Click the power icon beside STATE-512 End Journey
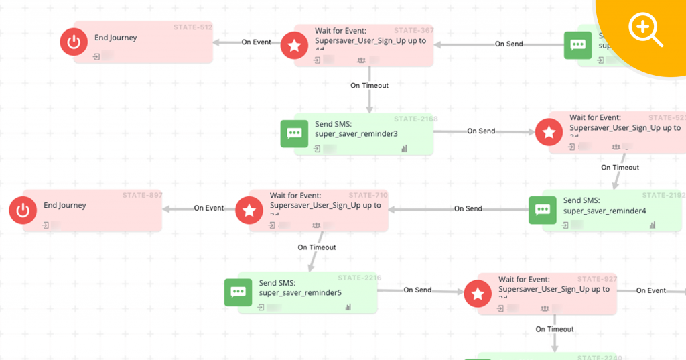point(74,42)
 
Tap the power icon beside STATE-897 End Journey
point(23,211)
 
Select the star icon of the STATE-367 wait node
point(293,45)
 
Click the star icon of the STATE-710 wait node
point(249,211)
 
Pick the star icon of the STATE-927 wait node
point(478,294)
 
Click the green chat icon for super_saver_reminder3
point(294,133)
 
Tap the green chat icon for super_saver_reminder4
point(542,210)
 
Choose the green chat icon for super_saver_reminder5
point(238,292)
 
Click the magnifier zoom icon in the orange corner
point(644,30)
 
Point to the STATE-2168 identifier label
point(416,119)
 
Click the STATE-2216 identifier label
point(360,278)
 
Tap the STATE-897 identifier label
point(142,195)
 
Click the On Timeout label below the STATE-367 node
point(369,86)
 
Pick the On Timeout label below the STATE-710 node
point(317,247)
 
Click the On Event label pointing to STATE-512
point(257,42)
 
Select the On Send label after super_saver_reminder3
point(481,131)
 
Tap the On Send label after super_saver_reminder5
point(417,290)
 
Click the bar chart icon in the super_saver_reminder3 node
point(404,149)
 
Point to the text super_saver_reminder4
point(605,211)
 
